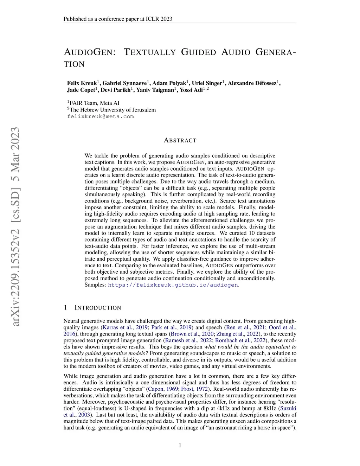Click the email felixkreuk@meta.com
click(x=101, y=116)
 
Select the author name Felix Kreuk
click(x=82, y=83)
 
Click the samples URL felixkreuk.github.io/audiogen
click(x=173, y=285)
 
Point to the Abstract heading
click(x=180, y=140)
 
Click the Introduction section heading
click(x=97, y=308)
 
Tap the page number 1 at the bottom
click(x=180, y=445)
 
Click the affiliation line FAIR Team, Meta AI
click(x=94, y=103)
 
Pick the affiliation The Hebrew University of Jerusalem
click(x=111, y=110)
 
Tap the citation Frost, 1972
click(x=194, y=389)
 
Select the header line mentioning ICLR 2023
click(x=118, y=19)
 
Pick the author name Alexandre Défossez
click(x=252, y=83)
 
